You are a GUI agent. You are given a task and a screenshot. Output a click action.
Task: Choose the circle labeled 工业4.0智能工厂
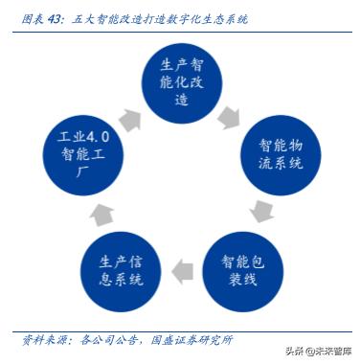click(x=81, y=151)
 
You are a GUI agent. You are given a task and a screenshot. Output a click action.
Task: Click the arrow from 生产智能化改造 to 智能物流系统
click(x=230, y=116)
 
